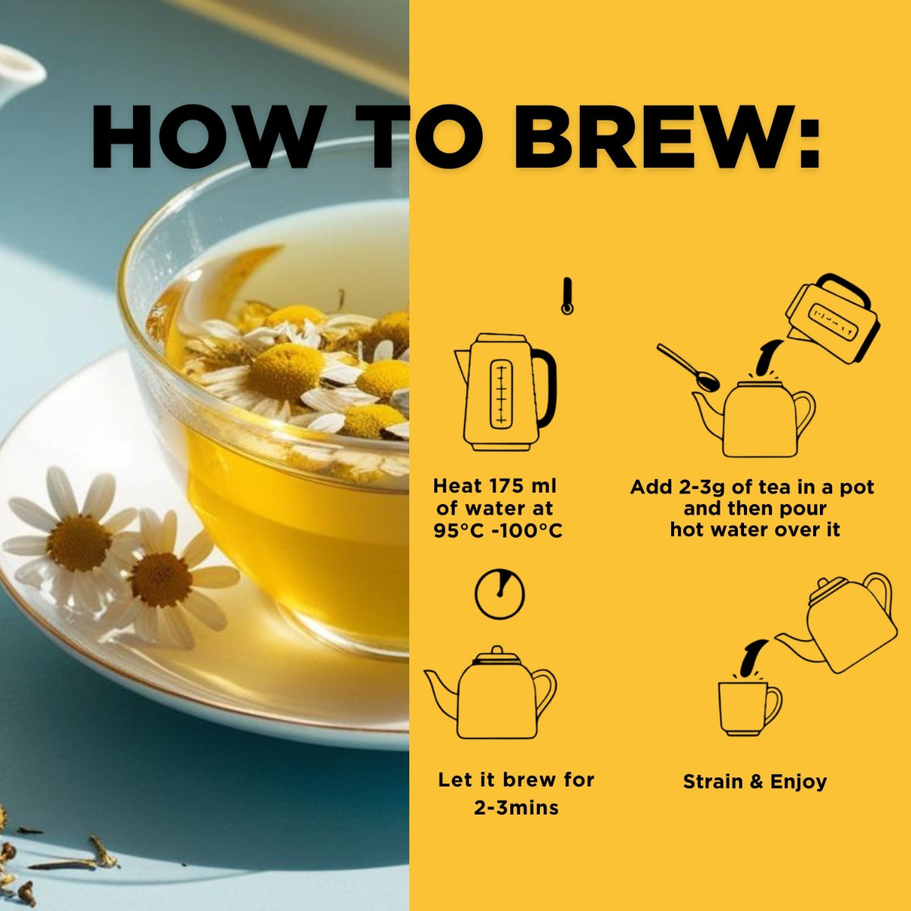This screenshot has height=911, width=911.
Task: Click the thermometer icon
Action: (567, 296)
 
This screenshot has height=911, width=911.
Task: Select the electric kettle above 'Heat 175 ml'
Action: (506, 392)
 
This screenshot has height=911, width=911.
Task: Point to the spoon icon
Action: (688, 367)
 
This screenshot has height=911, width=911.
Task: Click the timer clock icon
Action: (500, 594)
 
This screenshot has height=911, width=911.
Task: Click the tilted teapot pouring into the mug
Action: (837, 624)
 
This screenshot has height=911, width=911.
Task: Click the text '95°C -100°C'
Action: (498, 531)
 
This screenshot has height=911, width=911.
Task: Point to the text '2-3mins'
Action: (515, 809)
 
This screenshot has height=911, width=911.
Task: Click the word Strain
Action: (713, 782)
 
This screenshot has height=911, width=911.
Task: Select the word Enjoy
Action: (799, 783)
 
